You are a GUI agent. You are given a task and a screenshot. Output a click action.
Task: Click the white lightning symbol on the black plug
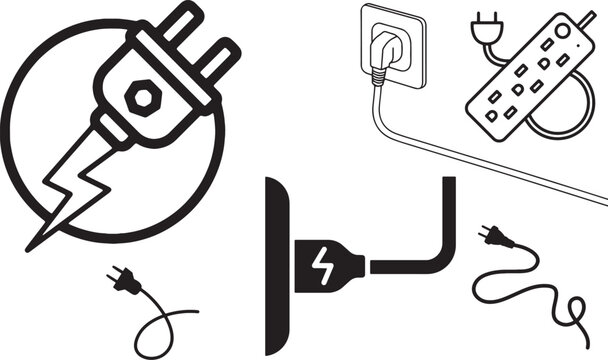pyautogui.click(x=322, y=264)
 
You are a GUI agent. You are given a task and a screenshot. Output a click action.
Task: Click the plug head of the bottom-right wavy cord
pyautogui.click(x=492, y=239)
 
